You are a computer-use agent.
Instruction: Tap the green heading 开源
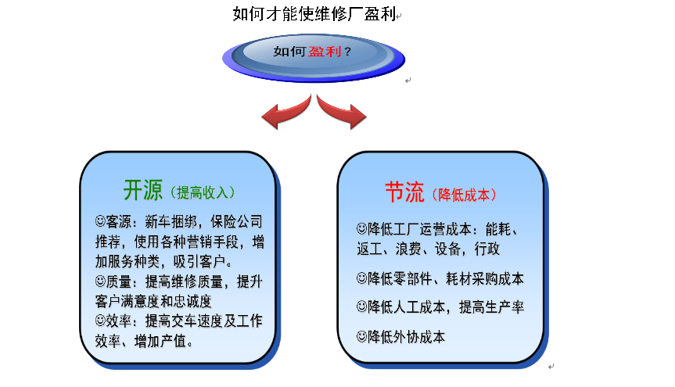click(x=142, y=189)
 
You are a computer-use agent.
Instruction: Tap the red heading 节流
click(x=404, y=192)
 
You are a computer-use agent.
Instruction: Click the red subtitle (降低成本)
click(x=466, y=194)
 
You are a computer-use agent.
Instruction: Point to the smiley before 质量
click(x=100, y=280)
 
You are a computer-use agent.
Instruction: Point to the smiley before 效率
click(x=100, y=320)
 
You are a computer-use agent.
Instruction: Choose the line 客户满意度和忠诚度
click(x=153, y=300)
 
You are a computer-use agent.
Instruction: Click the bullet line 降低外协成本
click(x=407, y=337)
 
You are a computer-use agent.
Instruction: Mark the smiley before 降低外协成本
click(x=361, y=337)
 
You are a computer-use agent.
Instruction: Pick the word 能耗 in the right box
click(x=501, y=230)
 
